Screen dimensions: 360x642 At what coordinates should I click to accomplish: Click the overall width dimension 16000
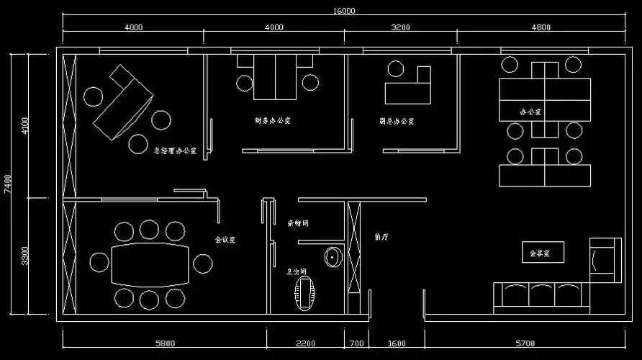344,11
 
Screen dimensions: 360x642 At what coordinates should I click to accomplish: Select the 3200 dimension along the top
400,27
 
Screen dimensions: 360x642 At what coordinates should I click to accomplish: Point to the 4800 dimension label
541,27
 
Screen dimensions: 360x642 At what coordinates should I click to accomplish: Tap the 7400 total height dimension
7,184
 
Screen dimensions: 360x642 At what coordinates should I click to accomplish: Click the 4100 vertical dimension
26,125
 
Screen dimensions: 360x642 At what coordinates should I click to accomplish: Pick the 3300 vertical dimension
26,256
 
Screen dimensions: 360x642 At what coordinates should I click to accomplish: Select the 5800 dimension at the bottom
165,343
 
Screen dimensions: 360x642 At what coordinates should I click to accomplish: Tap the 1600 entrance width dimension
397,343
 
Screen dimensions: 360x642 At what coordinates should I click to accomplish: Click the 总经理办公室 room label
175,151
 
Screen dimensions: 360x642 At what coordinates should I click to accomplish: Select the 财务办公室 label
272,120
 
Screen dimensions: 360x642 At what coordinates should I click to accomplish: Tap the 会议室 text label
225,239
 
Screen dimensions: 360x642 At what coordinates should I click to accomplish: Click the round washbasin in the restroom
333,257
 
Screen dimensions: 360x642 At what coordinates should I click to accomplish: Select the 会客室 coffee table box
543,253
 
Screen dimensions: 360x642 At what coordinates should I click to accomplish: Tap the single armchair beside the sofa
604,259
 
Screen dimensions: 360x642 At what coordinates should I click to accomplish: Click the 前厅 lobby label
381,236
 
